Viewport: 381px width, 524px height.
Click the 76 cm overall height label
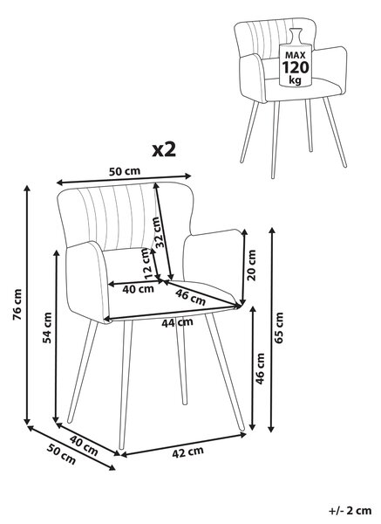[17, 305]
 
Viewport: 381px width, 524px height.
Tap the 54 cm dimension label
[48, 327]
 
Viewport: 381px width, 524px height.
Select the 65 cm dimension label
[278, 327]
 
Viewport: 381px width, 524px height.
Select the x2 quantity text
[164, 151]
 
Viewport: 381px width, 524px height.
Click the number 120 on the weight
[296, 67]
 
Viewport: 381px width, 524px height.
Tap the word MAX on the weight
[296, 56]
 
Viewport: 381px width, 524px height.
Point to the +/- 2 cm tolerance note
[350, 510]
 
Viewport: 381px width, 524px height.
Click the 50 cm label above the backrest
[125, 171]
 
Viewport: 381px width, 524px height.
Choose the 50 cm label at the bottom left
[61, 455]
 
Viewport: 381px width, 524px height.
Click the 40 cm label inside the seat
[138, 288]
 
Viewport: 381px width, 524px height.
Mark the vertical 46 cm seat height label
[259, 369]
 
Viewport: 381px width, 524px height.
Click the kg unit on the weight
[295, 80]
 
